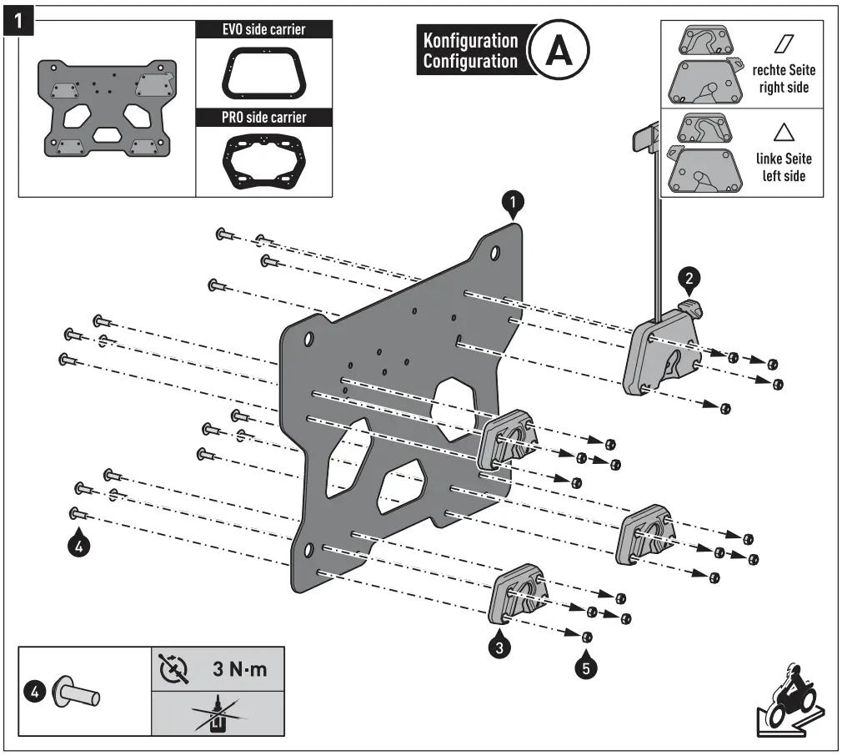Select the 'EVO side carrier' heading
coord(263,29)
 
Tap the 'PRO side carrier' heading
coord(263,117)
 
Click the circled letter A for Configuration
coord(559,50)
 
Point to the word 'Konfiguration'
coord(470,40)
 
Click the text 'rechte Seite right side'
coord(783,79)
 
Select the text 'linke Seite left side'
coord(783,167)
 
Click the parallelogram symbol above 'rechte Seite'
coord(784,43)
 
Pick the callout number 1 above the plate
coord(514,202)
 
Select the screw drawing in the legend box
coord(77,692)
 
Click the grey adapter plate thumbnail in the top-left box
coord(105,107)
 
